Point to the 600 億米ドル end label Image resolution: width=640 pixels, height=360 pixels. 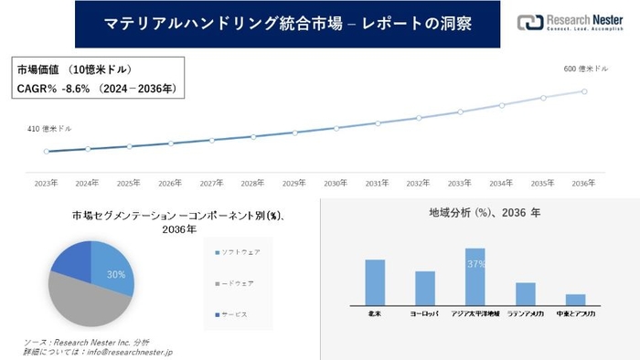tap(585, 69)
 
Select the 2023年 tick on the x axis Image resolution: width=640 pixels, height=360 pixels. tap(47, 183)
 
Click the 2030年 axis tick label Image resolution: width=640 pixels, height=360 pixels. tap(336, 183)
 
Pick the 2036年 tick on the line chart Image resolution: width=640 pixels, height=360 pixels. tap(584, 183)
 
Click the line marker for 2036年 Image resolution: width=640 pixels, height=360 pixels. tap(584, 90)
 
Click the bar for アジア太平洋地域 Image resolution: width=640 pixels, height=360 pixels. tap(475, 276)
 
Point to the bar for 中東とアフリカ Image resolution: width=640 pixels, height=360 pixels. tap(575, 299)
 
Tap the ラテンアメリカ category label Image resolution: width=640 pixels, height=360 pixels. tap(524, 313)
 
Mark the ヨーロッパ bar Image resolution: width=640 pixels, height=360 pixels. tap(424, 287)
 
